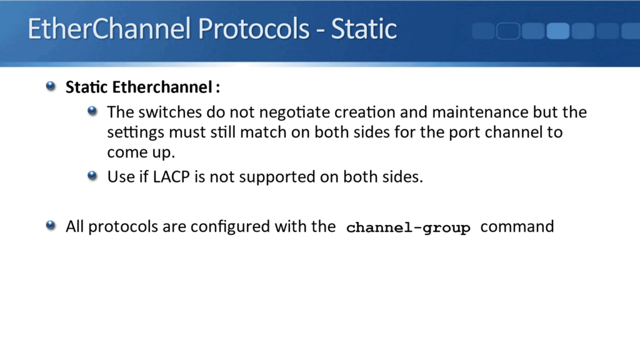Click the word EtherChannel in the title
tap(109, 29)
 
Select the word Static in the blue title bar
tap(364, 29)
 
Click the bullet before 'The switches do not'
tap(93, 111)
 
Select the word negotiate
tap(294, 112)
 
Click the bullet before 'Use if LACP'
tap(93, 176)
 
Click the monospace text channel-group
tap(407, 227)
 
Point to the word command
tap(517, 226)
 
